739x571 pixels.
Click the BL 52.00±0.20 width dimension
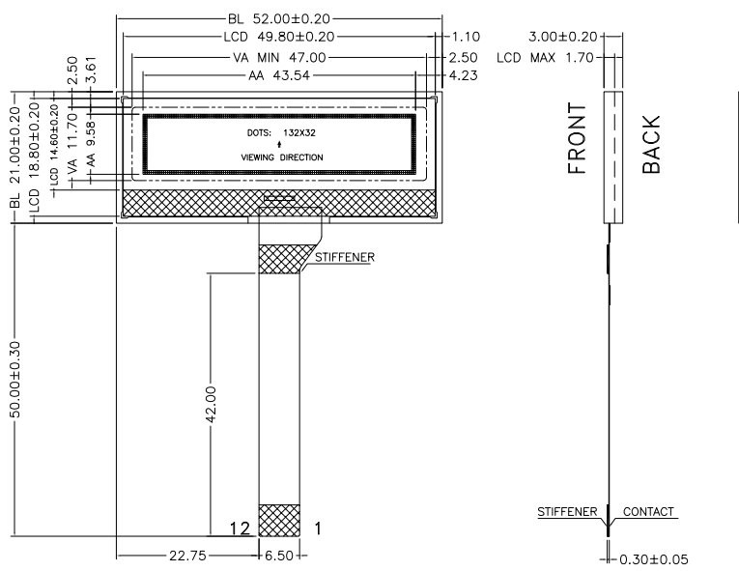279,19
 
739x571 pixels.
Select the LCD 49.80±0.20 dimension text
279,37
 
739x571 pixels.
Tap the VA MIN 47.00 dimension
279,58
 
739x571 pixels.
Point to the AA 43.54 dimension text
279,75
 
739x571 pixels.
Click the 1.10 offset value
466,37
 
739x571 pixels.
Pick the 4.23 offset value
464,75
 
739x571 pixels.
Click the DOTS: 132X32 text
281,133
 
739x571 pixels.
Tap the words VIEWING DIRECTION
282,157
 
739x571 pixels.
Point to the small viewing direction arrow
279,144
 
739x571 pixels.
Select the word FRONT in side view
577,138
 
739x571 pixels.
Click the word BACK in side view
651,144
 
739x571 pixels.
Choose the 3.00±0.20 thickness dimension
563,37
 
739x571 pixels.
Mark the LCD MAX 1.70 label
545,58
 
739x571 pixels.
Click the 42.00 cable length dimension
211,405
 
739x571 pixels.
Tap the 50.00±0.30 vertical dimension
15,380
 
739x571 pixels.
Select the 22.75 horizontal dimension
187,556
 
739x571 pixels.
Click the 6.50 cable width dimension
279,556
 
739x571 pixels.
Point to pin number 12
240,528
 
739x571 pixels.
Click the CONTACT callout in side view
648,512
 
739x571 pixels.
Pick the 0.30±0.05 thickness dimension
653,559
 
